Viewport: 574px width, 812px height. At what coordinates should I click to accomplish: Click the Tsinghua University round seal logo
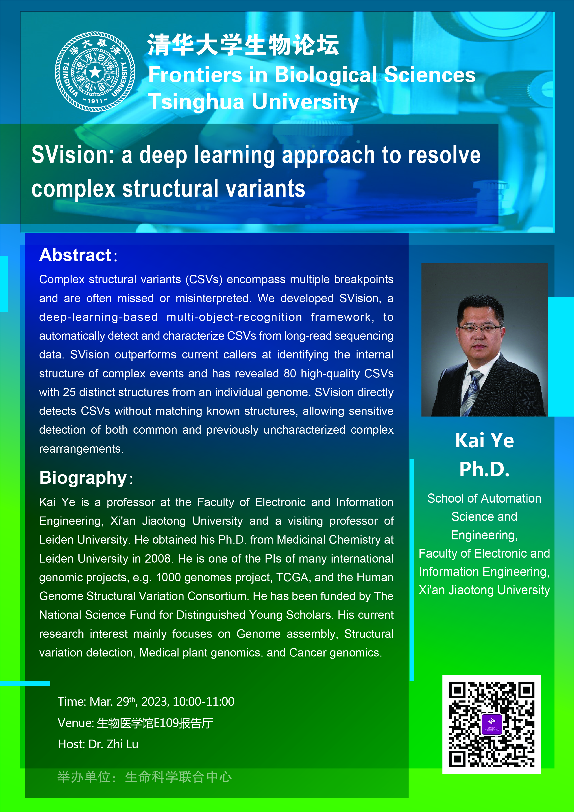pos(95,72)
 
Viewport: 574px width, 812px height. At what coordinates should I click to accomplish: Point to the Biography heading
pos(83,478)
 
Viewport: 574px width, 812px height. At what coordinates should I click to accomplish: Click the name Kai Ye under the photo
pos(484,440)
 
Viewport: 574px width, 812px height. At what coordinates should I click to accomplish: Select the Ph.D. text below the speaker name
pos(484,469)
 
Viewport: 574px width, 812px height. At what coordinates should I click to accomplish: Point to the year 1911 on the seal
pos(95,101)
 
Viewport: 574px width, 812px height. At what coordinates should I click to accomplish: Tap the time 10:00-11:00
pos(204,702)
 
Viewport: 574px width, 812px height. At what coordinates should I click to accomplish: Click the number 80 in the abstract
pos(290,373)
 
